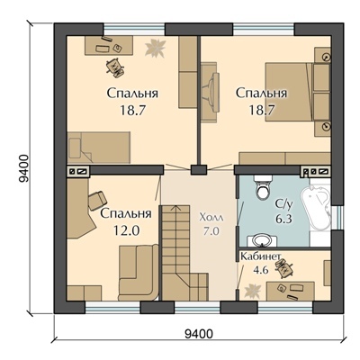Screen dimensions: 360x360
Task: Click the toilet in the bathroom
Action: coord(264,187)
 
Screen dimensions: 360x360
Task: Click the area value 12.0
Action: coord(126,230)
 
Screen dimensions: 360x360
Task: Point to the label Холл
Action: coord(211,217)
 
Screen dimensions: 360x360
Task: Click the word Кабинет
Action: coord(261,256)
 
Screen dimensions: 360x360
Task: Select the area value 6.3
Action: coord(283,219)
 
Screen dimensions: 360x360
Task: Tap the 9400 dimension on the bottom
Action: coord(199,333)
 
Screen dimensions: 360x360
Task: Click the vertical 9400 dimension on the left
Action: coord(22,168)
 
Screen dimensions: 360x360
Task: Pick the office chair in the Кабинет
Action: coord(283,267)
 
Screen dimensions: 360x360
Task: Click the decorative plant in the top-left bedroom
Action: coord(155,48)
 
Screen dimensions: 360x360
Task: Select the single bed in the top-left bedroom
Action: coord(99,148)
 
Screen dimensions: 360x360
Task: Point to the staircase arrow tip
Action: coord(176,205)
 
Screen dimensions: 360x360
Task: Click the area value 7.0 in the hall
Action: coord(211,231)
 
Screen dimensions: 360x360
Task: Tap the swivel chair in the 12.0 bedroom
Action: coord(96,201)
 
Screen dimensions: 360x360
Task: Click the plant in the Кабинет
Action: coord(251,291)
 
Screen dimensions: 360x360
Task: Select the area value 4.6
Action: coord(261,270)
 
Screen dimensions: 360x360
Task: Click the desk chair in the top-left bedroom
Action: coord(114,67)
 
